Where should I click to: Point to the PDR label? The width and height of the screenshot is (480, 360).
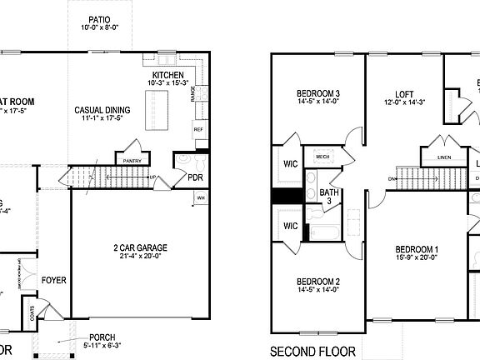tap(196, 177)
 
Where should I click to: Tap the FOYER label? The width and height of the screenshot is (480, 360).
tap(54, 280)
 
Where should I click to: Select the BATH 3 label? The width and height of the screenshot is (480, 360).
tap(329, 197)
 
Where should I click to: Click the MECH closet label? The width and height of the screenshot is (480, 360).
tap(322, 155)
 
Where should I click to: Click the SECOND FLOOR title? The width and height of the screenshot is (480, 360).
tap(313, 350)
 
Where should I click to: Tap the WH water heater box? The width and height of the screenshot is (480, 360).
tap(201, 198)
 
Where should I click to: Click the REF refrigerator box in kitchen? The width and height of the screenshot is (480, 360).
tap(198, 130)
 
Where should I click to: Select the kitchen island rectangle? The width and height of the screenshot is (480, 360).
tap(157, 109)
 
